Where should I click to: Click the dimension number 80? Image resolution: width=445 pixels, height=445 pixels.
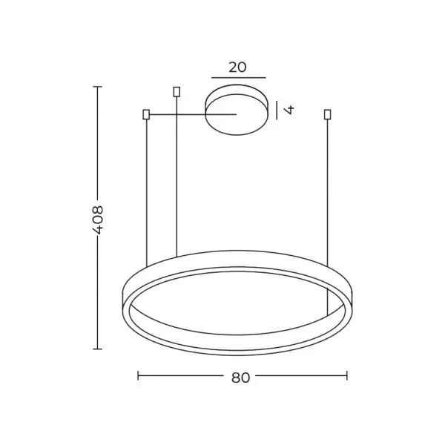(x=240, y=378)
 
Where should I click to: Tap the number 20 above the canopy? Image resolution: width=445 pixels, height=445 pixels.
(x=237, y=67)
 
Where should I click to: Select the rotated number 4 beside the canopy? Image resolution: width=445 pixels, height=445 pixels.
(x=289, y=110)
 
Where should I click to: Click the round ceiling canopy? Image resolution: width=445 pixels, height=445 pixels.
(x=237, y=110)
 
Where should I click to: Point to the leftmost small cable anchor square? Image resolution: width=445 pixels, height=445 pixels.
(x=146, y=114)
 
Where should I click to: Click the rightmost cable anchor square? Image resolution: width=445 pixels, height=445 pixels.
(x=327, y=114)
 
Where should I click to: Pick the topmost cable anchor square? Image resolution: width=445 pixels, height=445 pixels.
(x=177, y=92)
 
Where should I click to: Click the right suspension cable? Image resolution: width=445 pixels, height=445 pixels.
(x=327, y=193)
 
